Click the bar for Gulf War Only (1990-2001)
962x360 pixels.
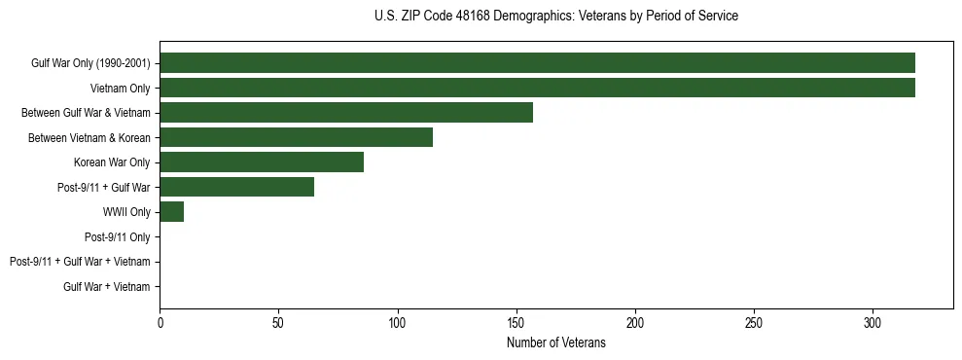537,63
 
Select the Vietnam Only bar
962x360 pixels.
537,88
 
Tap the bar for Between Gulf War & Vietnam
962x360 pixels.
346,113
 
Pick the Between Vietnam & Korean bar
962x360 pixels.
296,137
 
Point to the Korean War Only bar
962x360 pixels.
262,162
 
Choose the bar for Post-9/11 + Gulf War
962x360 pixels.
237,187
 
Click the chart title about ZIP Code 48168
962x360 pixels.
555,17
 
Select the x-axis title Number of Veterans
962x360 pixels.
555,343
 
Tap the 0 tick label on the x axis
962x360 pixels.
160,322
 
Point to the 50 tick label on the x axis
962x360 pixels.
279,322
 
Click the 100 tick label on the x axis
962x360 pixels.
398,322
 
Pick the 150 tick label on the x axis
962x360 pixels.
517,322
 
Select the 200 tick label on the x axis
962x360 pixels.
635,322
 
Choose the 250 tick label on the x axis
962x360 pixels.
754,322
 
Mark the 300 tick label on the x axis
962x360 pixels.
873,322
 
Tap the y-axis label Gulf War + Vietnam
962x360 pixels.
106,287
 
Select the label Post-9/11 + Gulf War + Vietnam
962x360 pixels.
80,262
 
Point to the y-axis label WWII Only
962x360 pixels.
126,212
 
